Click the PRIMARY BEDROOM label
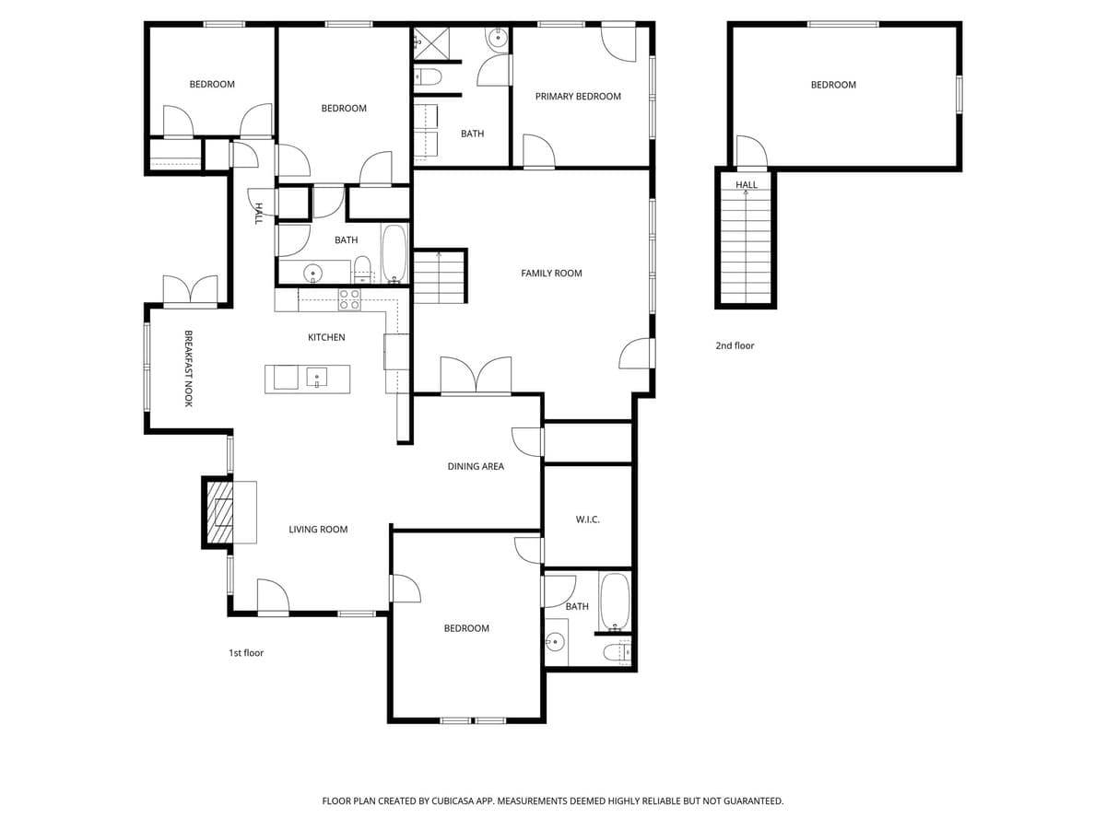point(578,97)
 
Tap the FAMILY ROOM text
point(551,274)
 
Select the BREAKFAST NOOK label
point(188,368)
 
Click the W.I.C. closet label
point(588,520)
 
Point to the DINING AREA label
point(476,466)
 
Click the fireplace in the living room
point(219,512)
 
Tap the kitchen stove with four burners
point(349,299)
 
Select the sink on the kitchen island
point(316,378)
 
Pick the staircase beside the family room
point(440,276)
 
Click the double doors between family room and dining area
point(476,377)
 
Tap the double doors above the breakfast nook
point(190,290)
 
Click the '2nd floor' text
point(735,345)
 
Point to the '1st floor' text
point(246,653)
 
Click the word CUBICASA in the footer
point(454,801)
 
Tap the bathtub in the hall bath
point(394,253)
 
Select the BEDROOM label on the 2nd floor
point(833,85)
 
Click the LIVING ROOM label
point(318,530)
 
